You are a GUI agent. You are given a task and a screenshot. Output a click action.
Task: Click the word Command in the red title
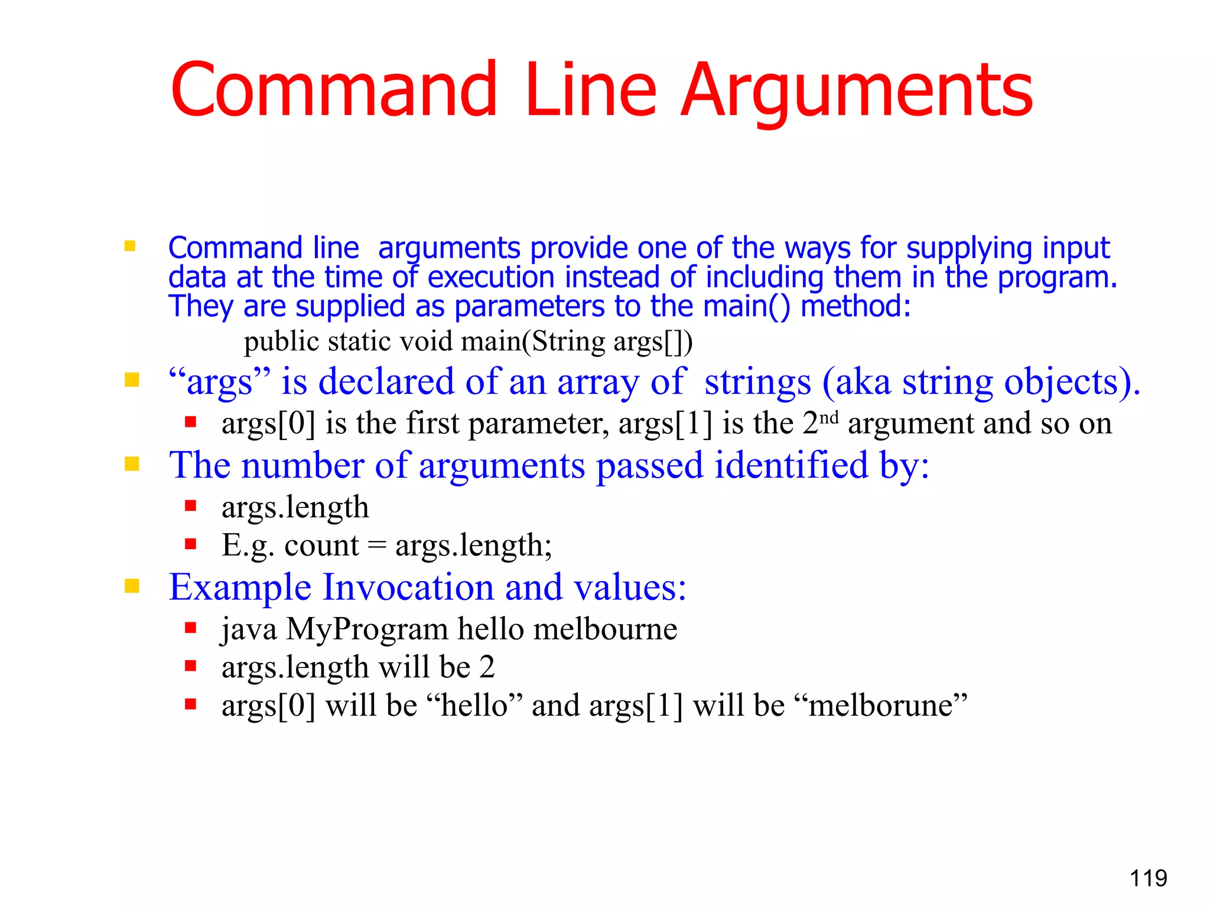point(334,90)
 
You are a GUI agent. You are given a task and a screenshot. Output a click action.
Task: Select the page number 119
point(1148,878)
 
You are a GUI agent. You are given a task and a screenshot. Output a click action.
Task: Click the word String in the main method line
point(568,342)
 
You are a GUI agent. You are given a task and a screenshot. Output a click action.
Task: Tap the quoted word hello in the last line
point(474,706)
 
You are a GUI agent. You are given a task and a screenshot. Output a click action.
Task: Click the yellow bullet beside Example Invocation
point(132,586)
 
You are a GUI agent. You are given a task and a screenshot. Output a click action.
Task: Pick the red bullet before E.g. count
point(190,544)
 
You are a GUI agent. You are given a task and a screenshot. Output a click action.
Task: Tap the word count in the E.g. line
point(321,545)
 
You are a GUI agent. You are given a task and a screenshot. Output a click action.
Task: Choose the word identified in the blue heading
point(792,465)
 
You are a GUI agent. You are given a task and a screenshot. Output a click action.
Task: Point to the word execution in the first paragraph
point(491,278)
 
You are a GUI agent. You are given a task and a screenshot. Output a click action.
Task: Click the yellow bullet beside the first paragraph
point(130,246)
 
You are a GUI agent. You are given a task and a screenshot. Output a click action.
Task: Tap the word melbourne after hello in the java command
point(605,629)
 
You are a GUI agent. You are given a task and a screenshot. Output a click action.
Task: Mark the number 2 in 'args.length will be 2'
point(487,667)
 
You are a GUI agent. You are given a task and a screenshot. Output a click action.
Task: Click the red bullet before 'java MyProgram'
point(190,628)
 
